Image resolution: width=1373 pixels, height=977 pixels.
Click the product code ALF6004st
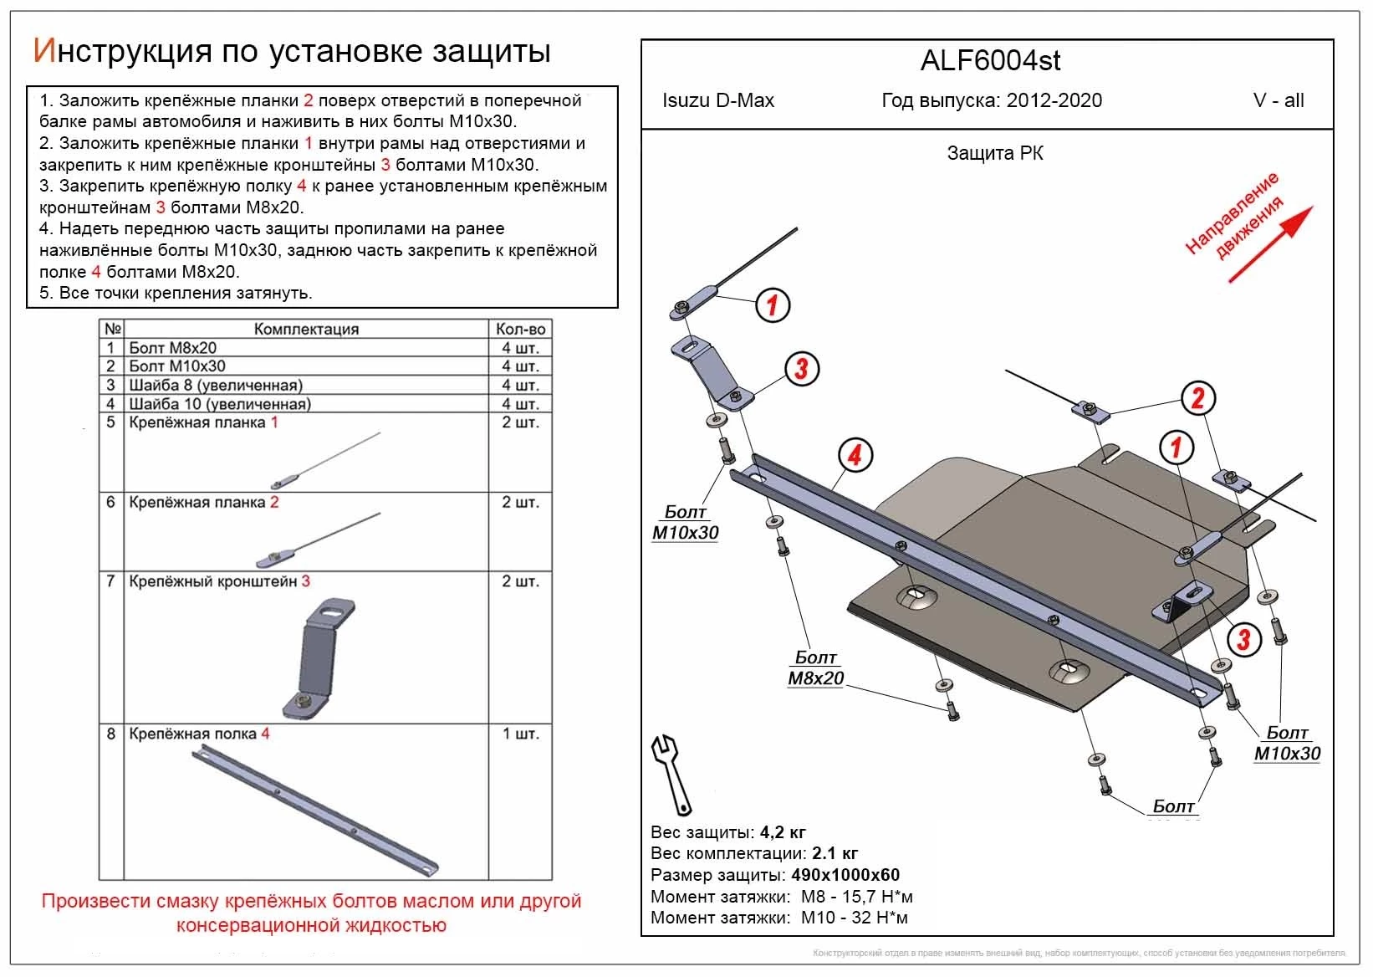tap(991, 60)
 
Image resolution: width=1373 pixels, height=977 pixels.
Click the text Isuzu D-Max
tap(717, 101)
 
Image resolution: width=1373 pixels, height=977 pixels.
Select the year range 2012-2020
tap(1054, 101)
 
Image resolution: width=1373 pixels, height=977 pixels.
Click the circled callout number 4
tap(855, 456)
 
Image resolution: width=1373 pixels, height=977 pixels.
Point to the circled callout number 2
tap(1197, 398)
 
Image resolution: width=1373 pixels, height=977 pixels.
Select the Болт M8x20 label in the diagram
tap(815, 668)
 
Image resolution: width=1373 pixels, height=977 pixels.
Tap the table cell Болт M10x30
tap(177, 366)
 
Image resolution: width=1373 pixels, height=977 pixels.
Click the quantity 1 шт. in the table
tap(520, 734)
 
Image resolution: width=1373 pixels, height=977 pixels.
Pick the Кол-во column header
tap(520, 330)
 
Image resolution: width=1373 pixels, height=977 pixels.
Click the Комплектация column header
tap(306, 330)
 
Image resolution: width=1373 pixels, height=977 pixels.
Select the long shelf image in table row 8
tap(315, 810)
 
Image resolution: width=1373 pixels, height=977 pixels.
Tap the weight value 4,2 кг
tap(783, 832)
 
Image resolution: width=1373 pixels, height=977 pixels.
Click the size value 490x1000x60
tap(845, 875)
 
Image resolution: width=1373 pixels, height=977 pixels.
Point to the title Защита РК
tap(995, 154)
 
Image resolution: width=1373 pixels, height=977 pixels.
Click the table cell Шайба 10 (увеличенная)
tap(219, 404)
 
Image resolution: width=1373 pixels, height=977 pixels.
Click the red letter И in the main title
tap(43, 52)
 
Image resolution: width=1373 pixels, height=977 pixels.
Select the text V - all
tap(1279, 101)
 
